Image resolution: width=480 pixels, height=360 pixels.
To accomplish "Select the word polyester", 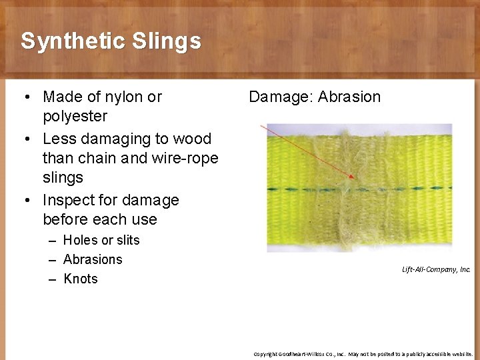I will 75,117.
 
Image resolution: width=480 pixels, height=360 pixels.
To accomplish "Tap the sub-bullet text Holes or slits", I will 101,240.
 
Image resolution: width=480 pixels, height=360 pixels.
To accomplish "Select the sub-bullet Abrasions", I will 93,259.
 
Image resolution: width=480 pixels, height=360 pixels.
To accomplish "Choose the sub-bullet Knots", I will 81,279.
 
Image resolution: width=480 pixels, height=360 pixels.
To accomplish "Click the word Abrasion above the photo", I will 349,97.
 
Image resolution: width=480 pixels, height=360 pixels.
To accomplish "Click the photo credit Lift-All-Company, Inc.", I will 436,269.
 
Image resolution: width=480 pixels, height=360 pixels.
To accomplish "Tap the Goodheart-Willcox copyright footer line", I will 363,353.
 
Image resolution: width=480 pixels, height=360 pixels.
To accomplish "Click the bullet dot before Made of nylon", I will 25,97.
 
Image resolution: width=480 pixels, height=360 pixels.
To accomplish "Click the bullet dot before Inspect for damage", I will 25,200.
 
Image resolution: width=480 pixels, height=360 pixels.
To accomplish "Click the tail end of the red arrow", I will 261,125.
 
